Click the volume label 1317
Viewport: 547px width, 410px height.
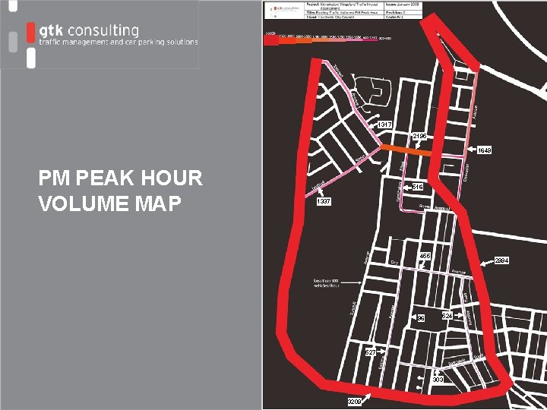pos(385,125)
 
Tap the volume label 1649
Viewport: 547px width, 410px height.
pos(484,150)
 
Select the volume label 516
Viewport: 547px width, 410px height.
pos(418,187)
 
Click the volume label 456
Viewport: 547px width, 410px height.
pos(424,256)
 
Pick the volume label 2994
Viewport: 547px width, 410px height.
pos(501,260)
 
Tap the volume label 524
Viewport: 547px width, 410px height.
pos(447,315)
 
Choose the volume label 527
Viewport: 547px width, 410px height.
pos(370,352)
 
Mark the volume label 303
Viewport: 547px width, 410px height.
pos(438,379)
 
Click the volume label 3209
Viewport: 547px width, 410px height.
pos(355,401)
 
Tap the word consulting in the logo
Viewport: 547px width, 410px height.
pos(102,31)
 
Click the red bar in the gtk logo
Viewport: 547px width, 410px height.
pos(30,33)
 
